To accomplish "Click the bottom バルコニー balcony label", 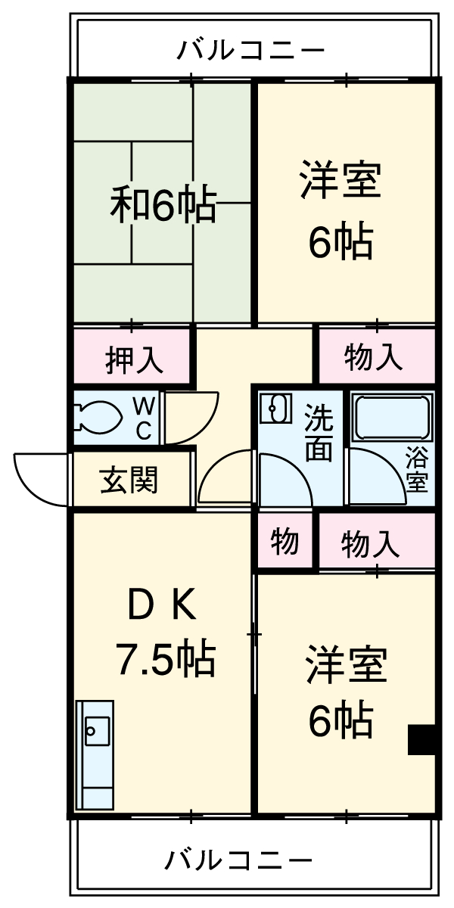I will click(x=238, y=860).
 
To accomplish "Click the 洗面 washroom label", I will click(x=319, y=434).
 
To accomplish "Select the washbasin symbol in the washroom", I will click(x=275, y=409).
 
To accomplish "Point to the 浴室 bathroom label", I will click(x=415, y=469).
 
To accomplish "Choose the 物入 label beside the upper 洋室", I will click(x=374, y=357).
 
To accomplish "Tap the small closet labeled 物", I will click(x=285, y=542).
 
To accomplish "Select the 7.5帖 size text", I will click(x=166, y=659).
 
